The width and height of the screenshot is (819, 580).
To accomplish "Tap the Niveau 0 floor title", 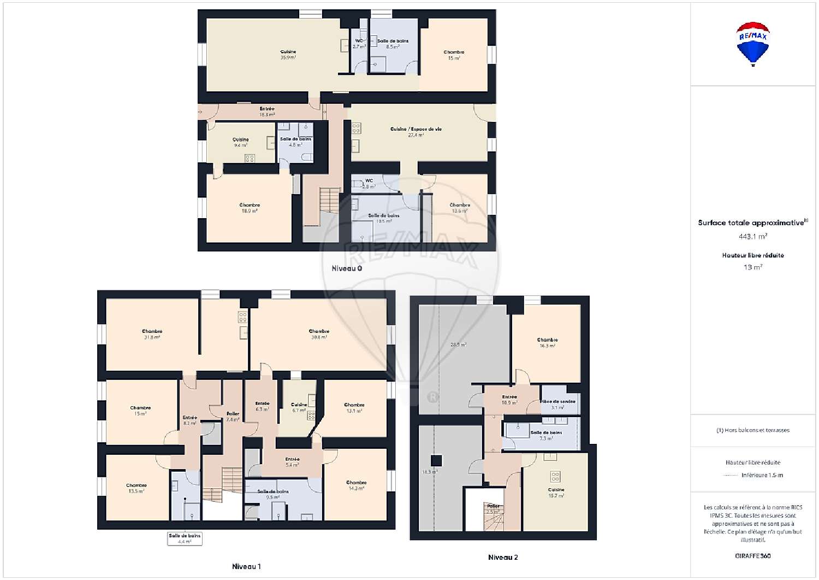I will [x=347, y=268].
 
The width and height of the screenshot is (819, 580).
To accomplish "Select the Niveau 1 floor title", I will [x=246, y=566].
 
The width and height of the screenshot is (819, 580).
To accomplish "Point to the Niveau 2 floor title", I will [x=503, y=557].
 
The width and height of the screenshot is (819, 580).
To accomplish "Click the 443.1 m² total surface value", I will [x=753, y=236].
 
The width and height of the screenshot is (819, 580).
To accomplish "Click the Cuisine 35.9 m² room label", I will [x=288, y=55].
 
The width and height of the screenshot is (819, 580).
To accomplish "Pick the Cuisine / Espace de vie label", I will [x=416, y=132].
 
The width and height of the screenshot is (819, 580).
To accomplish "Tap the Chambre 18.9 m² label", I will [x=250, y=208].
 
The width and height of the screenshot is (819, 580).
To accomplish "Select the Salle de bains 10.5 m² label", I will [x=384, y=218].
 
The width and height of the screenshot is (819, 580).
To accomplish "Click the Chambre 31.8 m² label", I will [x=152, y=334].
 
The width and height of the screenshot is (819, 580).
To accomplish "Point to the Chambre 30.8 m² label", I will [x=319, y=334].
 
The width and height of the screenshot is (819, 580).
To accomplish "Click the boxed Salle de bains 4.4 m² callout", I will [x=185, y=538].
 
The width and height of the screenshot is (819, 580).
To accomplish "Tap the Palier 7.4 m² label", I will [x=233, y=417].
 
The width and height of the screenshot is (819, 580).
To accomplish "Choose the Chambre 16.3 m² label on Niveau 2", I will [x=547, y=343].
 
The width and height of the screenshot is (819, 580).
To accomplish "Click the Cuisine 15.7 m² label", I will [x=556, y=493].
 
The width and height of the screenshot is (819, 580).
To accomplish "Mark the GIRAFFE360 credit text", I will [x=753, y=556].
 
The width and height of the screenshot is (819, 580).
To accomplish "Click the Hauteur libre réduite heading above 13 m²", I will [x=753, y=255].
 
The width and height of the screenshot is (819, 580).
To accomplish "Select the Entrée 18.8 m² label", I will [x=267, y=112].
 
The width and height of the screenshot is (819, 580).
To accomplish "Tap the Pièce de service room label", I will [x=557, y=404].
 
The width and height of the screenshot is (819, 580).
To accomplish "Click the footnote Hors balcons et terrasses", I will [x=753, y=430].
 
